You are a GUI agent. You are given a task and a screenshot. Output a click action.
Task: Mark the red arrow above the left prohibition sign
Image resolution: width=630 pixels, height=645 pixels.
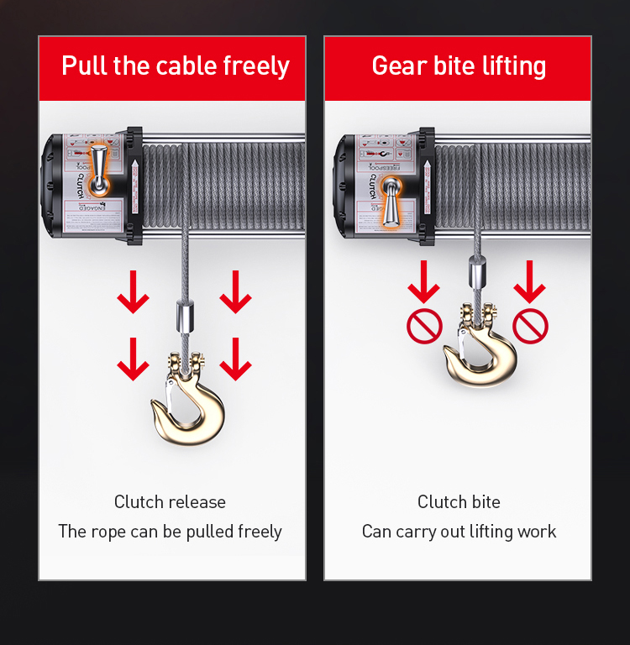[x=424, y=283]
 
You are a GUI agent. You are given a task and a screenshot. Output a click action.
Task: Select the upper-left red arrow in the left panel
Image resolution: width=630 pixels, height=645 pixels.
[x=133, y=292]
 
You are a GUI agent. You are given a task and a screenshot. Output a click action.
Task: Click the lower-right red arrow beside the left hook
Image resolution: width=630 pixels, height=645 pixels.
[x=235, y=359]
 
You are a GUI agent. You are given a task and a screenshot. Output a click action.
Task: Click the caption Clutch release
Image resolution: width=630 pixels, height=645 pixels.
[x=170, y=502]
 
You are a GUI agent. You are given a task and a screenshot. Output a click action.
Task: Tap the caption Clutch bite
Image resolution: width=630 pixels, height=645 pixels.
[x=459, y=502]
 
